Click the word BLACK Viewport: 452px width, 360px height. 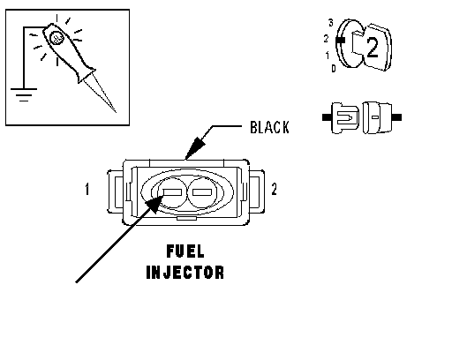(269, 127)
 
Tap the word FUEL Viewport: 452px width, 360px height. (185, 251)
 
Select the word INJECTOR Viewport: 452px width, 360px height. (185, 273)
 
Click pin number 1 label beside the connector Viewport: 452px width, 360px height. (87, 189)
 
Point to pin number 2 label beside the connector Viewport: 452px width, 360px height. (274, 189)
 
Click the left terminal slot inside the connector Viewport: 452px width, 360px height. (172, 192)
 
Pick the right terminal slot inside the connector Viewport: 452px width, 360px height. (202, 192)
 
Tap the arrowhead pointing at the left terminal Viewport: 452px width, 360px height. (154, 204)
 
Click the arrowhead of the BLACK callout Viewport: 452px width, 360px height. (195, 147)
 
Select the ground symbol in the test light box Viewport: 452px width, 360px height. (24, 94)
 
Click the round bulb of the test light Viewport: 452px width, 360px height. (56, 38)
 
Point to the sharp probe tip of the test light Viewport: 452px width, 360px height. (116, 112)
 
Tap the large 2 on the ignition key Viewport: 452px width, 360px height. (373, 48)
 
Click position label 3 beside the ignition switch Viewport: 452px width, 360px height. (331, 23)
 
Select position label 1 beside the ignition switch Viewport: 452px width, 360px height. (328, 55)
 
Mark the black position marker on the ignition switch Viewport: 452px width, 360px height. (341, 40)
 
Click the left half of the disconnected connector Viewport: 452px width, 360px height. (341, 117)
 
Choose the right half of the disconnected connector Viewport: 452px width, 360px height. (381, 117)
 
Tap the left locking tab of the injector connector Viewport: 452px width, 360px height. (116, 191)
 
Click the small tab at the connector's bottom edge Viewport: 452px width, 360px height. (186, 218)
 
